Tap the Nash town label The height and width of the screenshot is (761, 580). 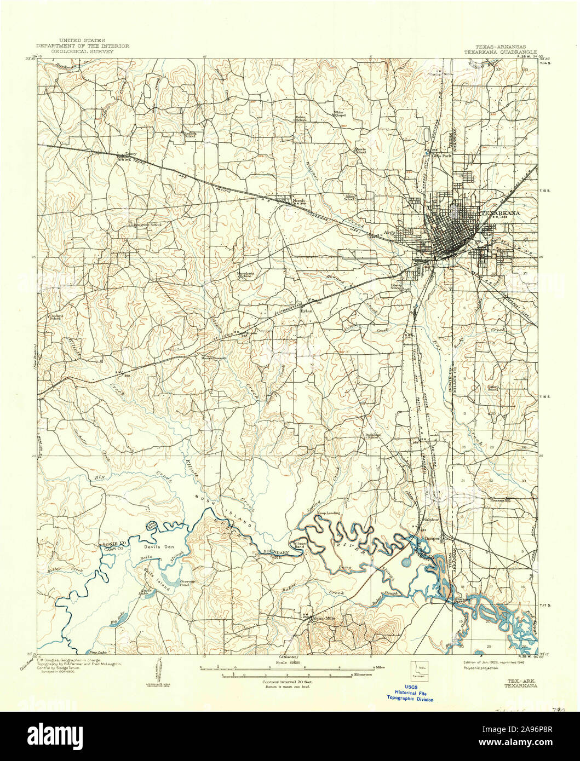(x=298, y=201)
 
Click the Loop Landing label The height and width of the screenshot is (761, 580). (x=329, y=512)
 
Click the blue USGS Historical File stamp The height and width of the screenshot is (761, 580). (x=410, y=693)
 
